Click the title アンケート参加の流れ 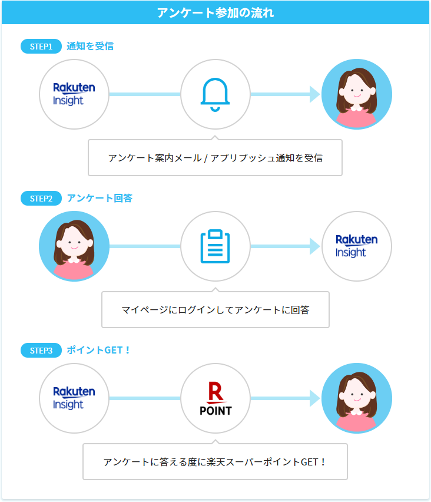[216, 12]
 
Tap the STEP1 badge [41, 46]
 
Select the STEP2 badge [41, 199]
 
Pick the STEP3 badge [41, 351]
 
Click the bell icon [215, 94]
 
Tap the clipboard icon [215, 246]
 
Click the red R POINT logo [215, 399]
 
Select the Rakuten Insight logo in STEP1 [74, 94]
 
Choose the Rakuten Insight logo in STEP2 [356, 246]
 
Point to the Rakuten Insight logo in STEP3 [74, 399]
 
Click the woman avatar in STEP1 [356, 94]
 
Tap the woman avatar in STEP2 [74, 246]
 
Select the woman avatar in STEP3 [356, 399]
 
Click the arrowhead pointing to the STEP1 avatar [314, 94]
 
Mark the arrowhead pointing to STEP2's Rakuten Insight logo [314, 246]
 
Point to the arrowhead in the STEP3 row [314, 399]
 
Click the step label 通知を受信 [90, 46]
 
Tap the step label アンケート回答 [100, 199]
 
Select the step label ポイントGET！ [98, 351]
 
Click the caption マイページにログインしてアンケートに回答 [215, 309]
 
